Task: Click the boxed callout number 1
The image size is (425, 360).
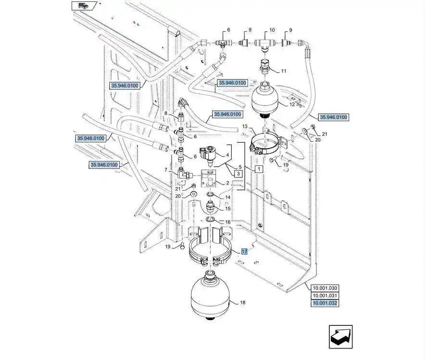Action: click(258, 169)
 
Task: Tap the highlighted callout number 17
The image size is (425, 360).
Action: click(244, 251)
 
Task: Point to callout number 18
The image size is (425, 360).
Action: click(242, 303)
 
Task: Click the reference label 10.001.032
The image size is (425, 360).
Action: click(325, 303)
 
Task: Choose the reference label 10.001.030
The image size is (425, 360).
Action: click(325, 288)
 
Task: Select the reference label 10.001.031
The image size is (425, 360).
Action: click(325, 296)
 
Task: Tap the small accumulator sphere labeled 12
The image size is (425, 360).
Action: click(265, 99)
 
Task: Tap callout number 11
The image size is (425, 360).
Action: click(284, 71)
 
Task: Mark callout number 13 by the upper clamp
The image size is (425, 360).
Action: click(245, 126)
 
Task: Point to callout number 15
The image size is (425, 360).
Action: click(228, 209)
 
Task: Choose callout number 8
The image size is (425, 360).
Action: click(165, 113)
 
